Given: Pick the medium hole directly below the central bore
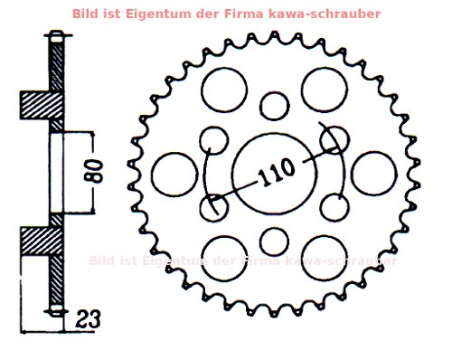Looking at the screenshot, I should tap(273, 242).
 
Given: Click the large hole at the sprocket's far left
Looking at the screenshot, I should tap(174, 174).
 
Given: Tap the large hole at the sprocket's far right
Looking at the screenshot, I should tap(372, 174).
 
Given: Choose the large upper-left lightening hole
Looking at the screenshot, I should tap(224, 88).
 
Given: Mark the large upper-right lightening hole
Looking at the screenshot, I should tap(324, 88).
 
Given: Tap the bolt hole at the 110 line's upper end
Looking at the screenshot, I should tap(334, 139).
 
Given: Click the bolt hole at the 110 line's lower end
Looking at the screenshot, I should tap(214, 207).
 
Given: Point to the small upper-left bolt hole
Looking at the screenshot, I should tap(214, 140).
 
